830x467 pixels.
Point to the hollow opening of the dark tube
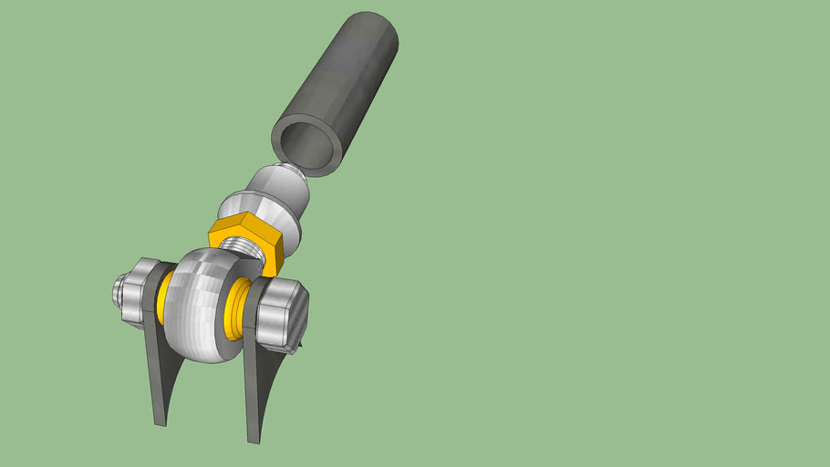pos(306,145)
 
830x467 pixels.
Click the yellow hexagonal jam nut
pos(244,240)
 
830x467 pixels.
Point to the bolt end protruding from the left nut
pos(118,291)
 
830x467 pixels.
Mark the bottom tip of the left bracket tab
pos(160,423)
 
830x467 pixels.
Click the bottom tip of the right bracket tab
pos(254,441)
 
